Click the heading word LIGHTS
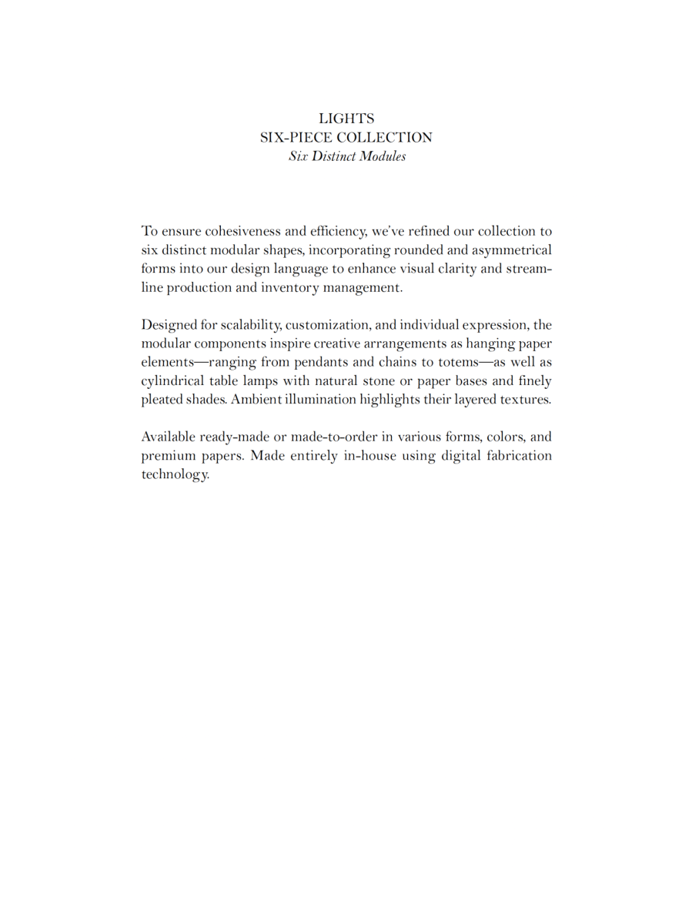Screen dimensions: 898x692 (346, 119)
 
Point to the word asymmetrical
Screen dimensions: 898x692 (510, 250)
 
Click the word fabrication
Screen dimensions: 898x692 (518, 455)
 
